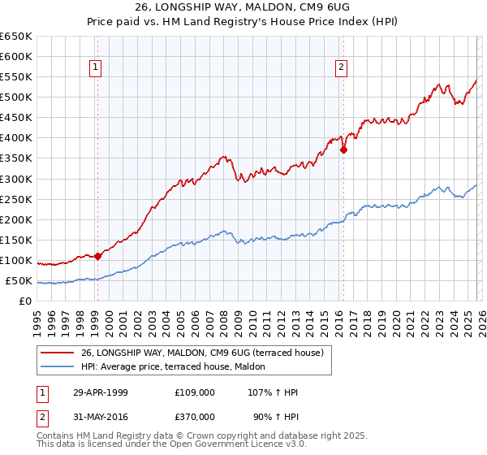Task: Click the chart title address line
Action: (x=243, y=7)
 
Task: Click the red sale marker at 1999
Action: (x=98, y=256)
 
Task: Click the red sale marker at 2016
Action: (x=343, y=149)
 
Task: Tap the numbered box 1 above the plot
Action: (x=97, y=67)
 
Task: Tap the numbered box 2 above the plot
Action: (x=342, y=67)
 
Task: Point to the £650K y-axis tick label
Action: (x=16, y=37)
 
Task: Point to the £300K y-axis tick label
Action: (x=16, y=179)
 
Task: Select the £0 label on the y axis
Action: (x=25, y=301)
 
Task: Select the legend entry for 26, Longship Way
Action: (x=202, y=352)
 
